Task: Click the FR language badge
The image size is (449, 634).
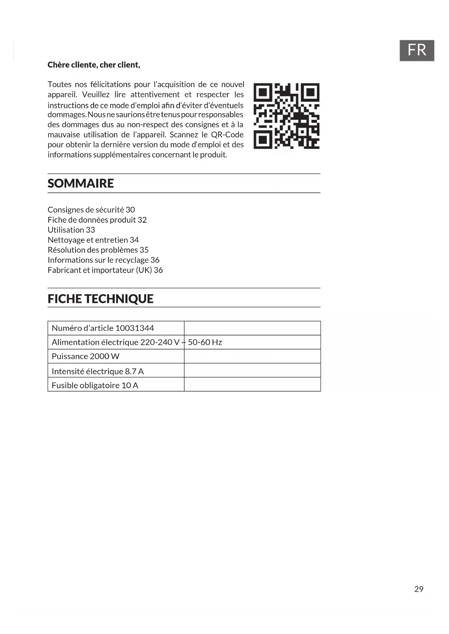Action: pos(416,50)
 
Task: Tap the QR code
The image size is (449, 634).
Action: pos(286,116)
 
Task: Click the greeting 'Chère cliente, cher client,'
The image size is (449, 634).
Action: pos(94,65)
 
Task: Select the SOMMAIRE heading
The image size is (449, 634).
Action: pos(81,183)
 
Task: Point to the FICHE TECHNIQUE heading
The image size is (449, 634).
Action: pos(101,299)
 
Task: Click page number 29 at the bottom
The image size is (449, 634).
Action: pos(419,589)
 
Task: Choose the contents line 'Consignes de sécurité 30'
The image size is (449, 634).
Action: pos(91,210)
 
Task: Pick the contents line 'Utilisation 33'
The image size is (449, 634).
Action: pos(71,230)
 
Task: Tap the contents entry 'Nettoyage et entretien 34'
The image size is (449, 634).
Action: pos(93,240)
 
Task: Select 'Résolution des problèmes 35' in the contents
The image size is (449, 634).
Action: pos(98,250)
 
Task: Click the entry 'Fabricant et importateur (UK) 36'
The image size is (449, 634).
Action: pos(105,270)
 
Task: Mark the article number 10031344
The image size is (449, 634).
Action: pos(135,328)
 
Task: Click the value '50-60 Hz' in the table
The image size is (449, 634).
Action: pos(205,342)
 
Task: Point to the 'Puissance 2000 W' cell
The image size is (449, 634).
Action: pos(85,356)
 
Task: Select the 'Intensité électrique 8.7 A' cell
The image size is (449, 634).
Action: pos(98,371)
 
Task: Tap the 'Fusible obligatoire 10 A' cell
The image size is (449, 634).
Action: pos(95,385)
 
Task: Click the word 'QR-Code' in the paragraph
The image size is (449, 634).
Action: pos(227,135)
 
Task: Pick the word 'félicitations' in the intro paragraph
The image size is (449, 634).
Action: pos(110,85)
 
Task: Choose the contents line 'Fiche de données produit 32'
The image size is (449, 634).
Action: pos(97,220)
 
